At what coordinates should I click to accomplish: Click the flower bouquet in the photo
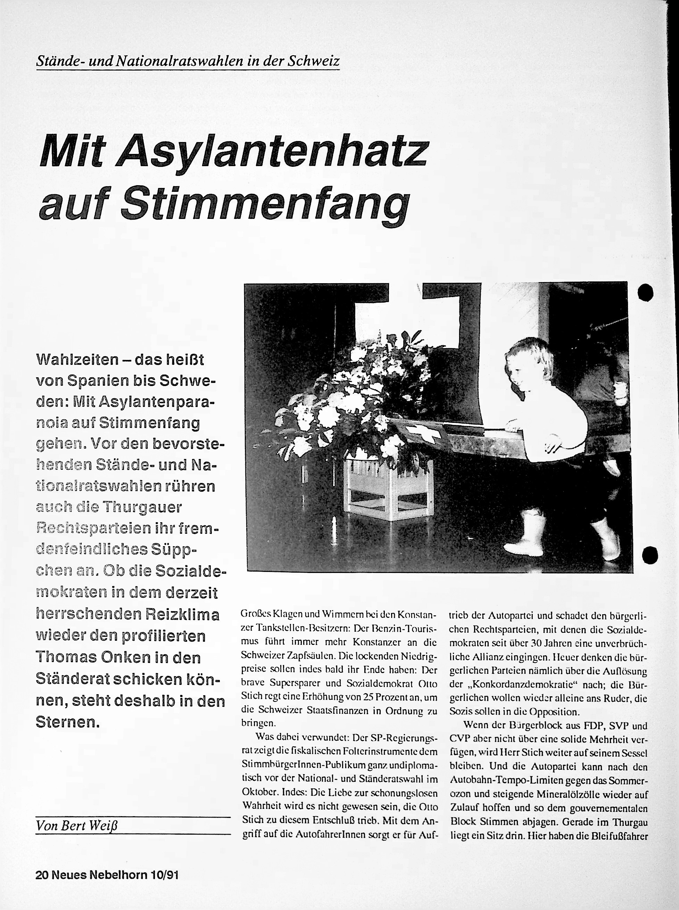click(354, 395)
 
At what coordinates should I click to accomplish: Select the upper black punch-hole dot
click(646, 292)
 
